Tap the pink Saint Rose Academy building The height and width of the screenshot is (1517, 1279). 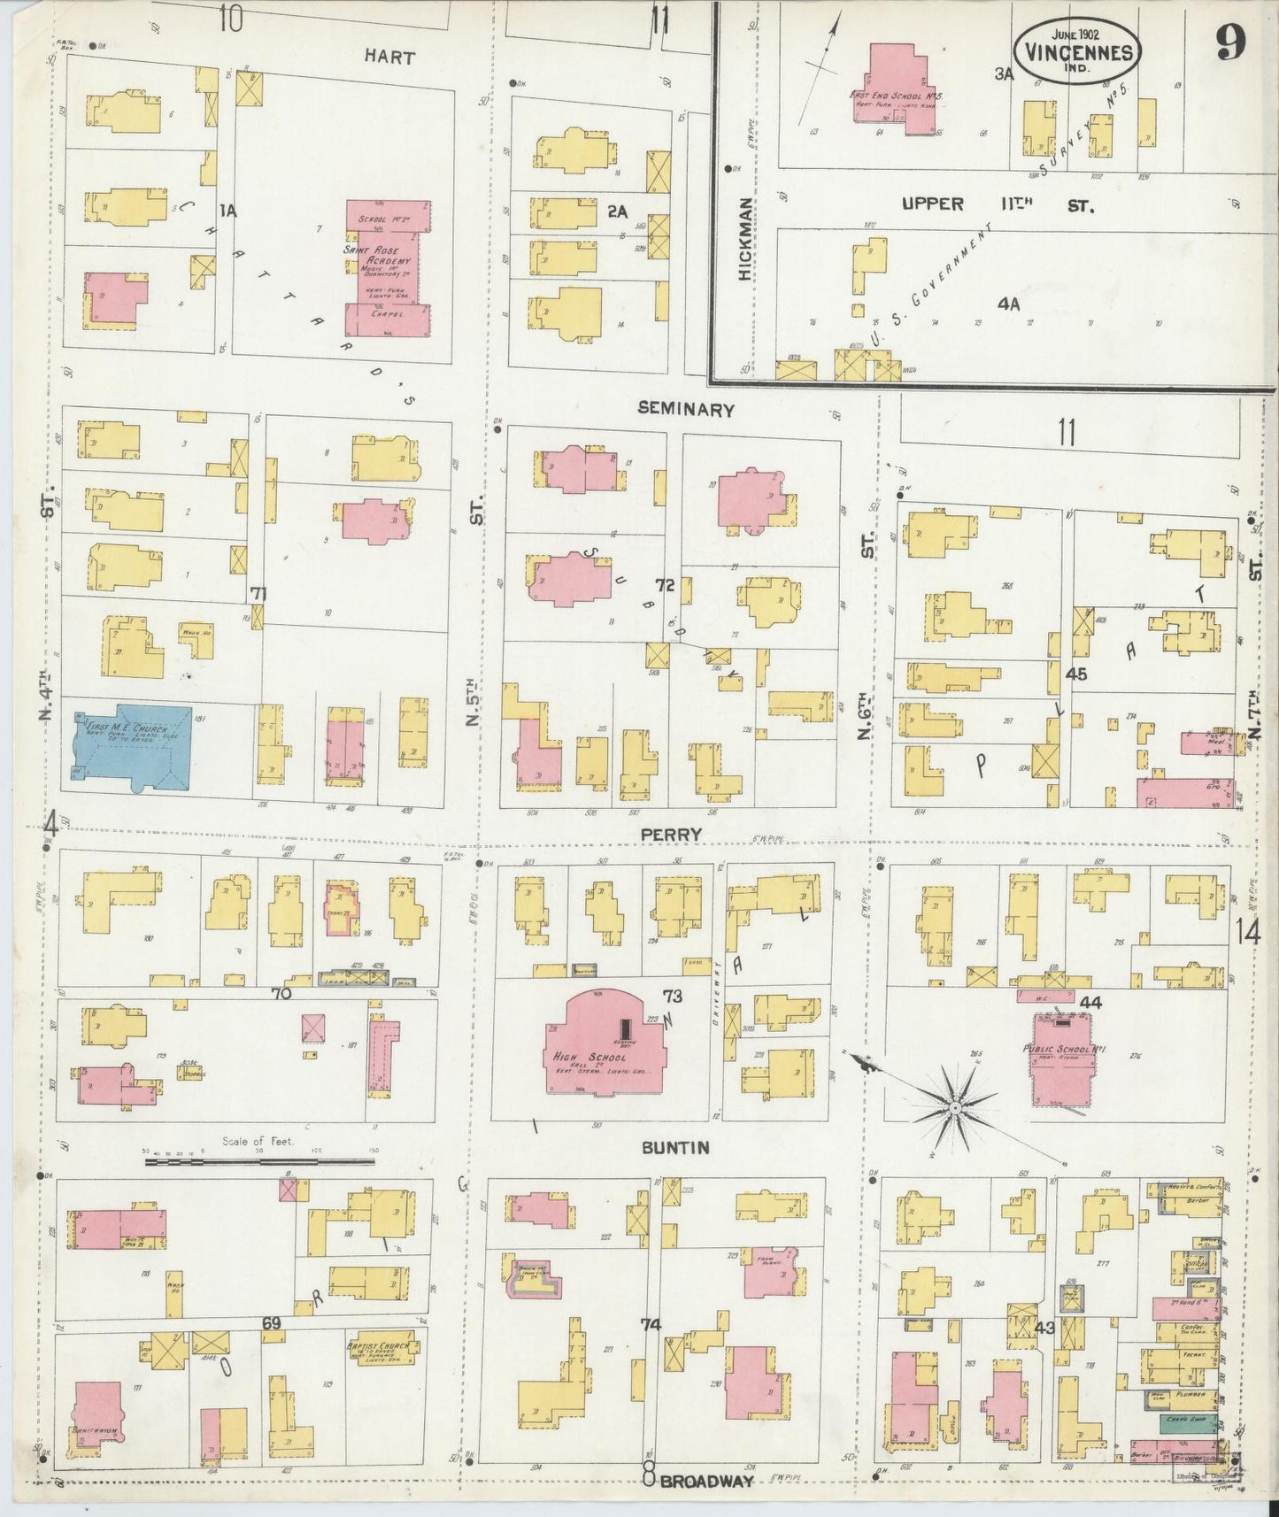tap(387, 266)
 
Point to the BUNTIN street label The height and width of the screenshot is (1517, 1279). tap(675, 1147)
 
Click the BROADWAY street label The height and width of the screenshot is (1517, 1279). tap(705, 1480)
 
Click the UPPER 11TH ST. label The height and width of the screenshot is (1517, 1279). tap(997, 204)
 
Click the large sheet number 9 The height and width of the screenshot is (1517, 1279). tap(1230, 40)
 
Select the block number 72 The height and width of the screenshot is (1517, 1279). tap(666, 585)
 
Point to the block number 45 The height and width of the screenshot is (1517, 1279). tap(1075, 674)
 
